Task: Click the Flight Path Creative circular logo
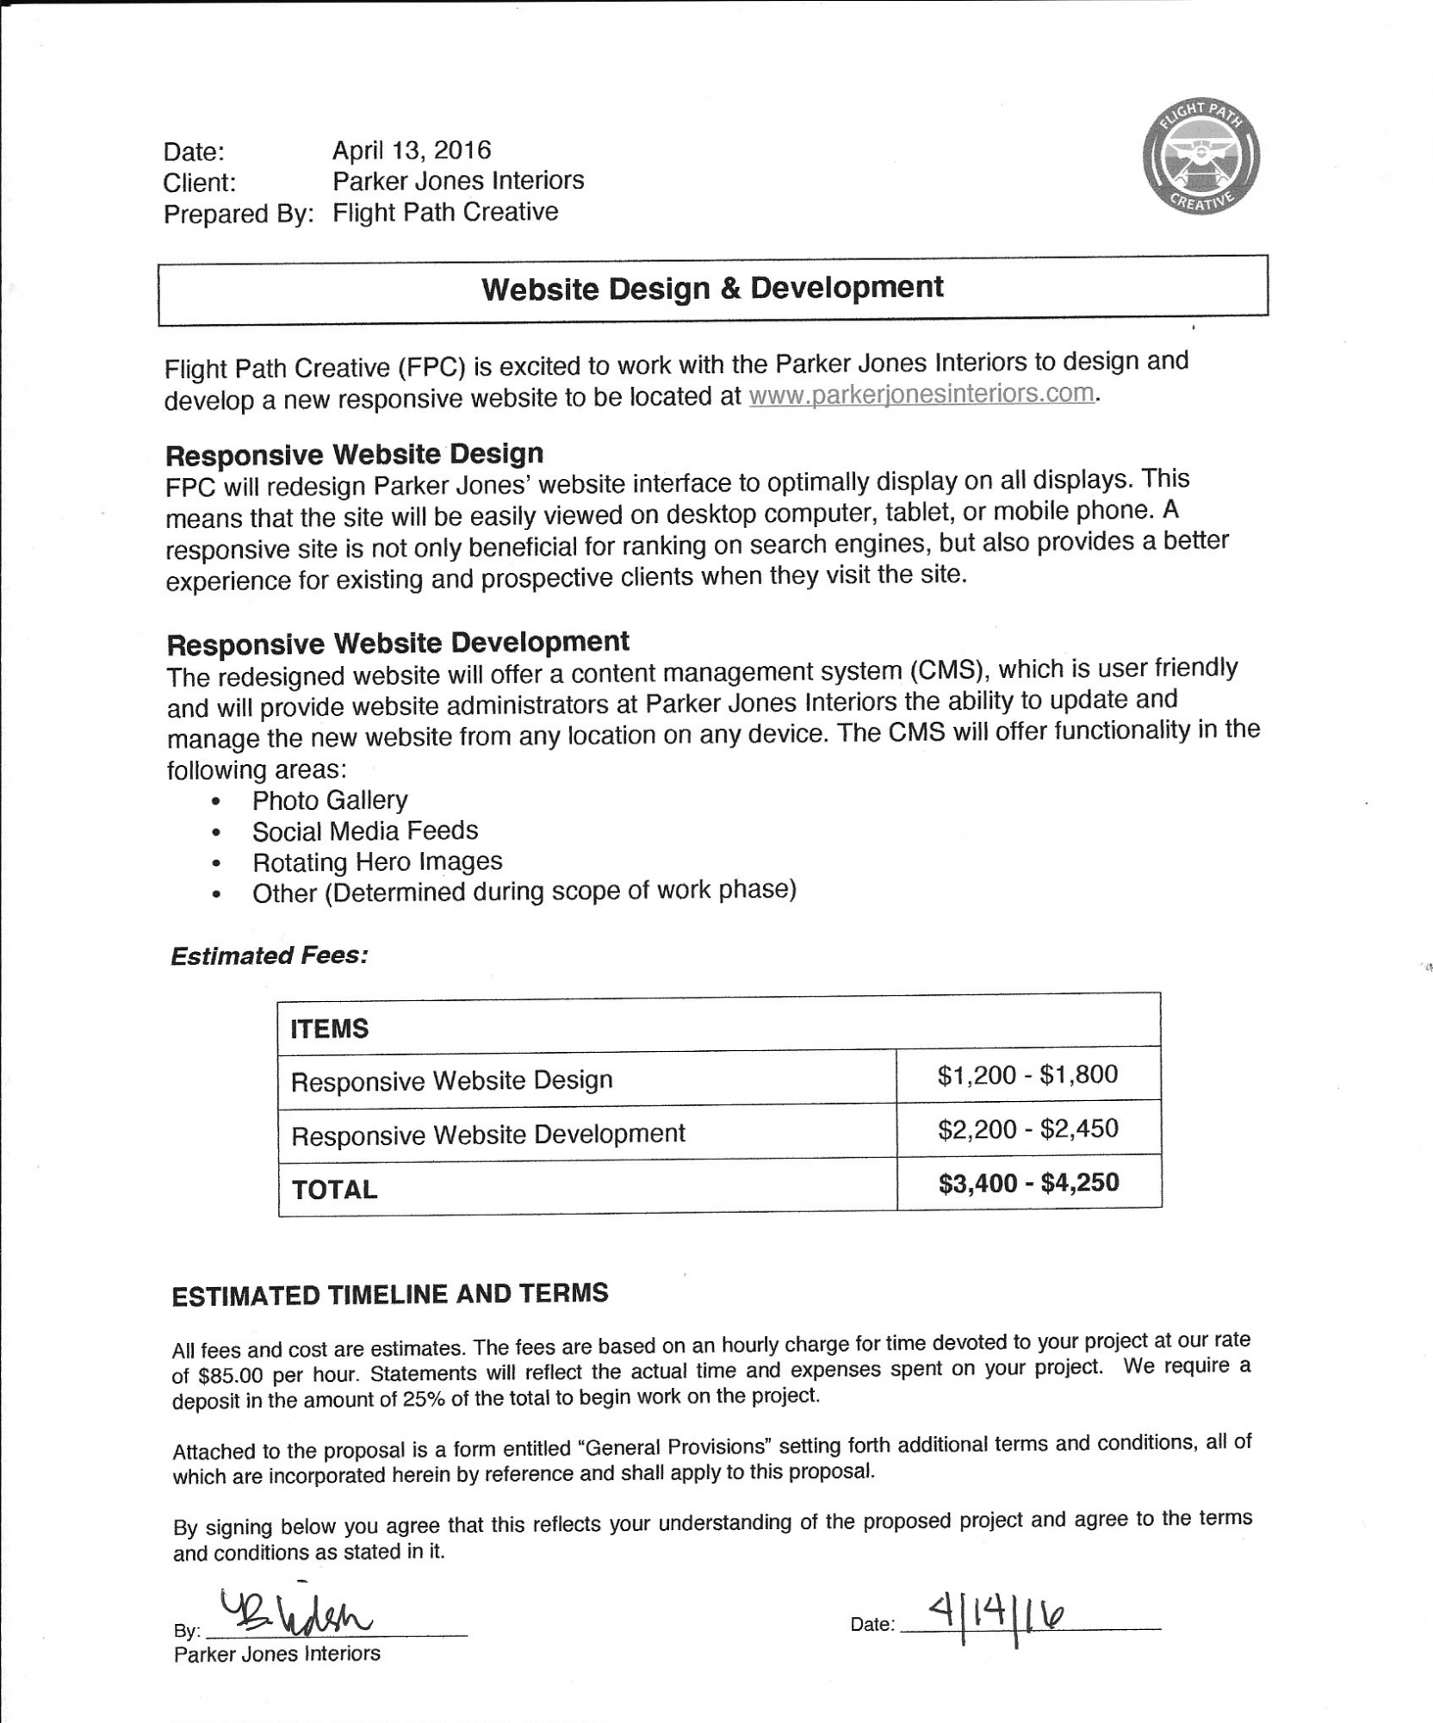[x=1200, y=155]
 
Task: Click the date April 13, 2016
[x=412, y=150]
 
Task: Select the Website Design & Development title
[x=712, y=289]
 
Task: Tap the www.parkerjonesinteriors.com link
[x=921, y=394]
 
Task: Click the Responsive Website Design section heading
[x=354, y=454]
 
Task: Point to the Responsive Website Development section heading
[x=398, y=643]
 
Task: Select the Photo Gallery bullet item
[x=330, y=800]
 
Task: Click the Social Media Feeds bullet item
[x=364, y=831]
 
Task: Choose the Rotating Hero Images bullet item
[x=377, y=862]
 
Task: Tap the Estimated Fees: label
[x=270, y=955]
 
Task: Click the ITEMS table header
[x=330, y=1029]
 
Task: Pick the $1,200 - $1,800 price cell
[x=1027, y=1075]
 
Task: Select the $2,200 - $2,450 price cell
[x=1027, y=1129]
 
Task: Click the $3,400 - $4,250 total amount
[x=1028, y=1183]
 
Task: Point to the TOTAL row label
[x=334, y=1190]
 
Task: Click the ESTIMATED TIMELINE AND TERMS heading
[x=390, y=1295]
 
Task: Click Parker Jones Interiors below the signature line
[x=276, y=1654]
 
